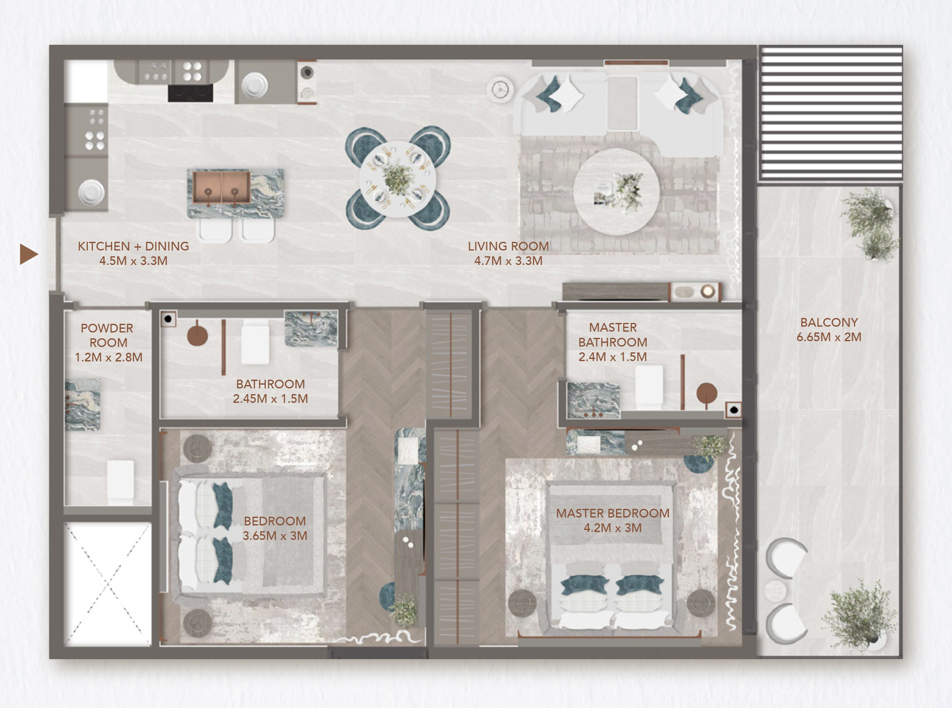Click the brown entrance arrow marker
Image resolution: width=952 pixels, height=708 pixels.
pos(28,254)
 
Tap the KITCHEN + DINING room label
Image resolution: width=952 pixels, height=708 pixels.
pos(133,246)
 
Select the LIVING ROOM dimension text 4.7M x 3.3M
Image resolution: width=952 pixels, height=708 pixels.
pos(508,261)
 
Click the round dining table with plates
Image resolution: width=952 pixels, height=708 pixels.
pos(397,179)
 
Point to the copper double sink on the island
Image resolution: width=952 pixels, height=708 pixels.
pos(221,187)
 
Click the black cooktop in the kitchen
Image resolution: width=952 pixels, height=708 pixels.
pos(190,93)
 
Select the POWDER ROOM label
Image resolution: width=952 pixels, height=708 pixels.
pos(108,335)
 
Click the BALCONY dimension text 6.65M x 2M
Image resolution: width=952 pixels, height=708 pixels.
pos(829,337)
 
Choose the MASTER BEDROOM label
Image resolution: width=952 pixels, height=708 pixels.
pos(612,513)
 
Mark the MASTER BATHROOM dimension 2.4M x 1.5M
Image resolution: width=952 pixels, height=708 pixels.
pos(612,357)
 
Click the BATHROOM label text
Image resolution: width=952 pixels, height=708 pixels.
pos(270,384)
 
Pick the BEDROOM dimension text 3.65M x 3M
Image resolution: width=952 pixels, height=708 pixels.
pos(275,536)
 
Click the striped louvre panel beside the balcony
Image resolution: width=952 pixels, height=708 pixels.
pos(831,113)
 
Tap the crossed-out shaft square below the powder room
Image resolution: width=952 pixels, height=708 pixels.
pos(108,584)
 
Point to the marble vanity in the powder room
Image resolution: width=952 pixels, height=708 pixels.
pos(83,404)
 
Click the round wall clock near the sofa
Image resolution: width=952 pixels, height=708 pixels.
pos(500,90)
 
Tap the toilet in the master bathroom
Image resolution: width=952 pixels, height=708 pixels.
pos(649,387)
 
